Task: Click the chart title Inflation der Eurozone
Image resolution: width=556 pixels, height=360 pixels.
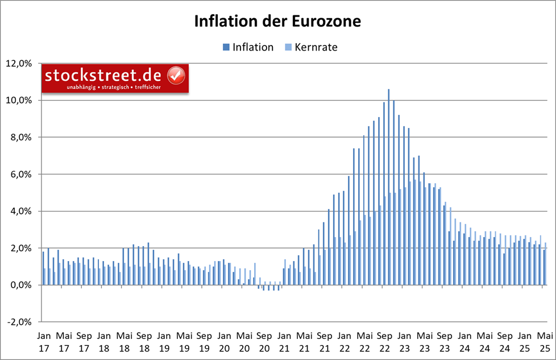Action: (277, 21)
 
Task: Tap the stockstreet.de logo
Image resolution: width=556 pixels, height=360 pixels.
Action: (114, 79)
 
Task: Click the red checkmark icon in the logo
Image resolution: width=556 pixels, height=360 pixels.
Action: (176, 75)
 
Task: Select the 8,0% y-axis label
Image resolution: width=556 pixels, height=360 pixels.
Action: (22, 137)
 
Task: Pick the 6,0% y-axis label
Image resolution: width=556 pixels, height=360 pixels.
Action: (22, 174)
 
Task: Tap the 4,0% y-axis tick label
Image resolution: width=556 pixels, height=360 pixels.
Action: (22, 211)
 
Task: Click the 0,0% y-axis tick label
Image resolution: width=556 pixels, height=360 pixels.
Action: (22, 285)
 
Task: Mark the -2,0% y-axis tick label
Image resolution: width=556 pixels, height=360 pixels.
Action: (21, 322)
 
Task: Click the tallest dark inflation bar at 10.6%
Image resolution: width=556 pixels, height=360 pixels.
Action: (389, 171)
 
